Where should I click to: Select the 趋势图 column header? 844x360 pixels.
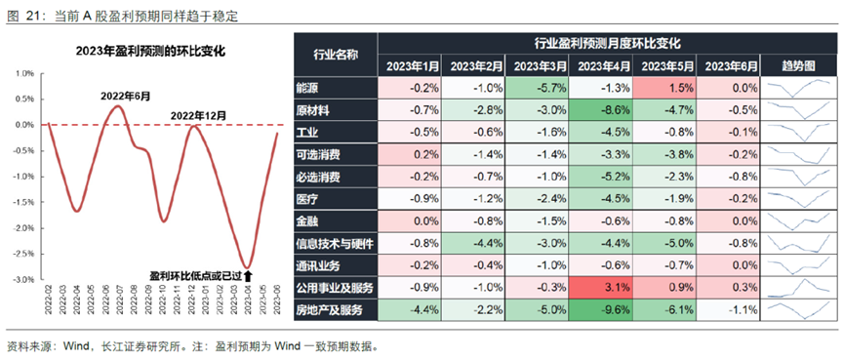click(799, 65)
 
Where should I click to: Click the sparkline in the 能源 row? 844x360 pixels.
click(799, 87)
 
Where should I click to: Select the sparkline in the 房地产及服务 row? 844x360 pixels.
click(799, 309)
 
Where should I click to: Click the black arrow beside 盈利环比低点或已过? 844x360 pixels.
click(261, 278)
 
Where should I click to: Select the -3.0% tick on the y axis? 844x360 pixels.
click(21, 279)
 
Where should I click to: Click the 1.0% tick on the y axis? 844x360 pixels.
click(23, 73)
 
